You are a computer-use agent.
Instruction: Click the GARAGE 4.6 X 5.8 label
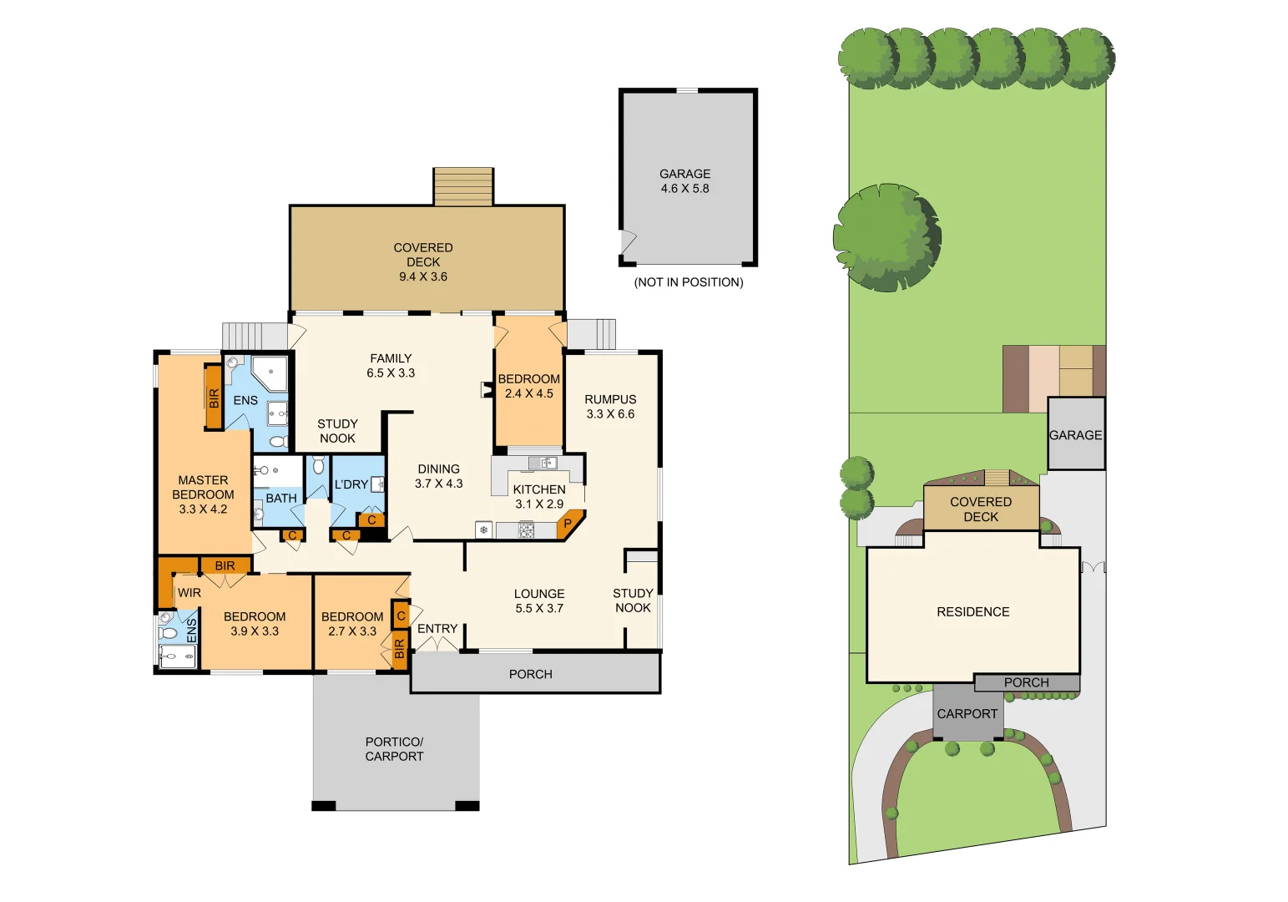(684, 181)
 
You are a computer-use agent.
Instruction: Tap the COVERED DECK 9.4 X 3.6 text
(423, 261)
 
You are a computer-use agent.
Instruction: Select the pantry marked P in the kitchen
(568, 524)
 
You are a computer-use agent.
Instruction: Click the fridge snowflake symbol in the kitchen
(483, 530)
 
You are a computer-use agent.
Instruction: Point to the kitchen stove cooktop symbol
(527, 530)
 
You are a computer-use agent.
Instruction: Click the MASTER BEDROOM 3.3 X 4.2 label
(203, 494)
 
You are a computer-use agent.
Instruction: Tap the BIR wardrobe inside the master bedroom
(214, 398)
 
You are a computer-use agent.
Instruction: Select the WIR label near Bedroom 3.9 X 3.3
(189, 593)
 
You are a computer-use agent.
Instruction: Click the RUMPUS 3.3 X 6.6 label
(610, 407)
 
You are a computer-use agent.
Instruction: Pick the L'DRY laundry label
(351, 484)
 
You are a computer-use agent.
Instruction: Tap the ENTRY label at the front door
(437, 629)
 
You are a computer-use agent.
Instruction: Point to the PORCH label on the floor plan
(531, 674)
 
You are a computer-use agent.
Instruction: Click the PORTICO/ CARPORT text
(394, 749)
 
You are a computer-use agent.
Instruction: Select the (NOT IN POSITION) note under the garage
(689, 282)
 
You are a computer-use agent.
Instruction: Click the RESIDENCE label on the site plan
(972, 612)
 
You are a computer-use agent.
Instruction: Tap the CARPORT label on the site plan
(967, 714)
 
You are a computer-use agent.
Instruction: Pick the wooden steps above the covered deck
(463, 186)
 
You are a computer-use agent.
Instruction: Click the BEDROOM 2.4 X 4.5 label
(529, 386)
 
